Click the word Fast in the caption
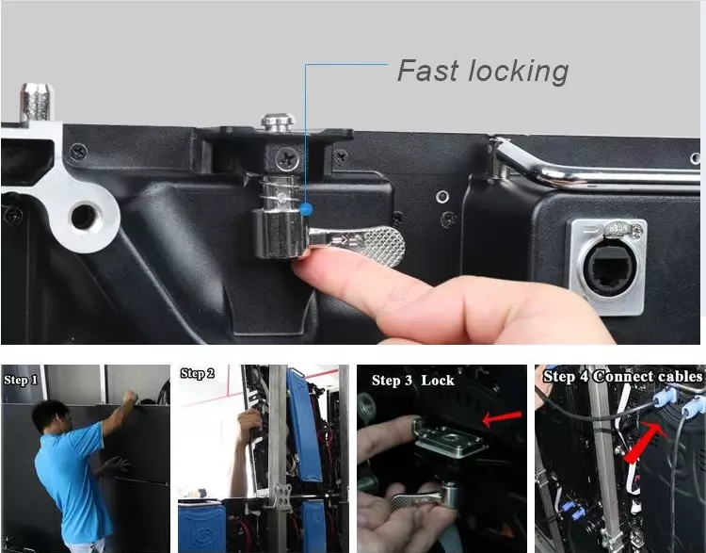[428, 71]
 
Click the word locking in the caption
[519, 73]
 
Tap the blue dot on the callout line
[306, 209]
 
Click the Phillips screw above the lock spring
[287, 158]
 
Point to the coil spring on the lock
[281, 192]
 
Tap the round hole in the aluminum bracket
[84, 217]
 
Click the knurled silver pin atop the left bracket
[37, 103]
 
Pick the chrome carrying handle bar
[594, 166]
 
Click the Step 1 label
[21, 381]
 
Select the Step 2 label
[198, 374]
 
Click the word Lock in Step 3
[437, 381]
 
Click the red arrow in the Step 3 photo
[502, 417]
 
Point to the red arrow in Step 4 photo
[645, 442]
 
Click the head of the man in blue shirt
[51, 417]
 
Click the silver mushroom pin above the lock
[278, 122]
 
